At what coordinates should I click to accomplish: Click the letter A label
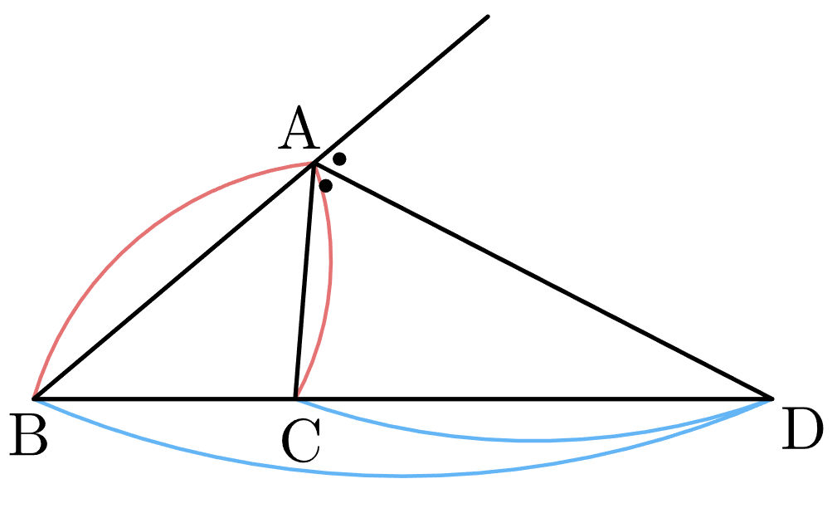299,129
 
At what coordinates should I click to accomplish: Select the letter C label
301,441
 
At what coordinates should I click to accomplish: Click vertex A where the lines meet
314,164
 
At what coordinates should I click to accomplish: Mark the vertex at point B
34,398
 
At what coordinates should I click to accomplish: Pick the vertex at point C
295,398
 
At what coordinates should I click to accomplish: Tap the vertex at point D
771,398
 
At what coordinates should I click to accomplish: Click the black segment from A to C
304,281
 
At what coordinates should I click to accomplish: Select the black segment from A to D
543,281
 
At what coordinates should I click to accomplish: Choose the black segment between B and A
174,281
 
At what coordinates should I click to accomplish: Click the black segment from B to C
165,398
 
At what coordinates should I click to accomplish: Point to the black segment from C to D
533,398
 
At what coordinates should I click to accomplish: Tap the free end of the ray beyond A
488,17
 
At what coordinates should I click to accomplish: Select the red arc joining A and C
331,261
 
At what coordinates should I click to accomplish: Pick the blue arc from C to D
533,441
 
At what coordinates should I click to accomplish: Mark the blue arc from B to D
403,476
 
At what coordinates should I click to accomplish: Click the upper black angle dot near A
339,159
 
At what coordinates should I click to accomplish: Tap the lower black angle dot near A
326,186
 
